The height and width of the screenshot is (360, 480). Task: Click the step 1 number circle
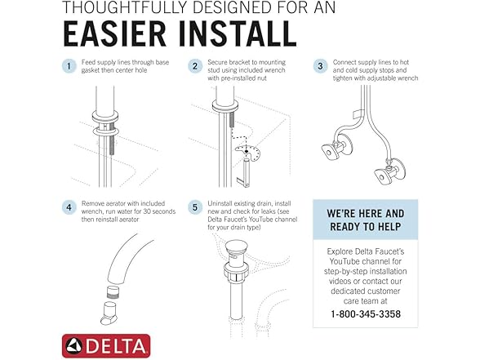point(69,66)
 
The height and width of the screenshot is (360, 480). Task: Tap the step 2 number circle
point(195,66)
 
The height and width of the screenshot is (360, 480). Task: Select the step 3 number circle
point(320,66)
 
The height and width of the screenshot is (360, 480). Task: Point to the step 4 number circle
point(69,207)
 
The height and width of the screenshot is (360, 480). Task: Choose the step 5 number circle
point(195,207)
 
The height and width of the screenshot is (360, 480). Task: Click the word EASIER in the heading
point(115,33)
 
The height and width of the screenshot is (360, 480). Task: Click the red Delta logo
point(106,346)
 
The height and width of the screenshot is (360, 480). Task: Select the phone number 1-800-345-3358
point(366,314)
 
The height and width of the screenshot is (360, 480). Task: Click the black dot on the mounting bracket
point(247,152)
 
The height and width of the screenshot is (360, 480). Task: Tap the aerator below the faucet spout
point(113,292)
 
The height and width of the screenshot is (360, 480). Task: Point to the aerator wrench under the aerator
point(109,313)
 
